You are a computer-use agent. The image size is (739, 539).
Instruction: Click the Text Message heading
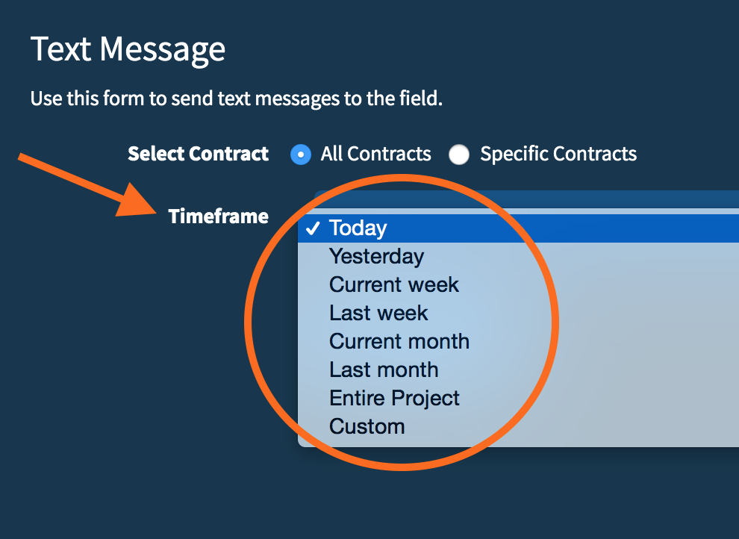click(128, 49)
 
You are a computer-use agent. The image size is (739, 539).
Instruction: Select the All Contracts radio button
click(301, 155)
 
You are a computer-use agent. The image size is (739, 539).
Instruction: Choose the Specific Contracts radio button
click(459, 155)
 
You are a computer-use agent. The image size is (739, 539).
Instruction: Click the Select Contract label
click(198, 155)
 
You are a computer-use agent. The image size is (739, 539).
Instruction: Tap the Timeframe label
click(218, 216)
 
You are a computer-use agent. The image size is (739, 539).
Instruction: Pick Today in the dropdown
click(358, 228)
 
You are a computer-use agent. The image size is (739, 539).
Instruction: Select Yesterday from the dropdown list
click(376, 257)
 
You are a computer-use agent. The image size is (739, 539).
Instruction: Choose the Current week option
click(394, 285)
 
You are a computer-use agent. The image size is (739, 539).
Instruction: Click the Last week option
click(378, 314)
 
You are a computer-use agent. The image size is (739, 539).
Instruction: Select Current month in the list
click(399, 342)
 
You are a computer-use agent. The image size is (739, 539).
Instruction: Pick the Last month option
click(384, 370)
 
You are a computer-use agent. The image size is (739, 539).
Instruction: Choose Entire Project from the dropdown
click(394, 399)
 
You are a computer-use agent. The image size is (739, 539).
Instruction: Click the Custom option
click(367, 427)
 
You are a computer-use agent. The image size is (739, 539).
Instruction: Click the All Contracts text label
click(375, 155)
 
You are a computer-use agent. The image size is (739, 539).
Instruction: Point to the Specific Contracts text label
click(558, 155)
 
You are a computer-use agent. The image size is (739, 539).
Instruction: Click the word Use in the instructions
click(43, 99)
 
